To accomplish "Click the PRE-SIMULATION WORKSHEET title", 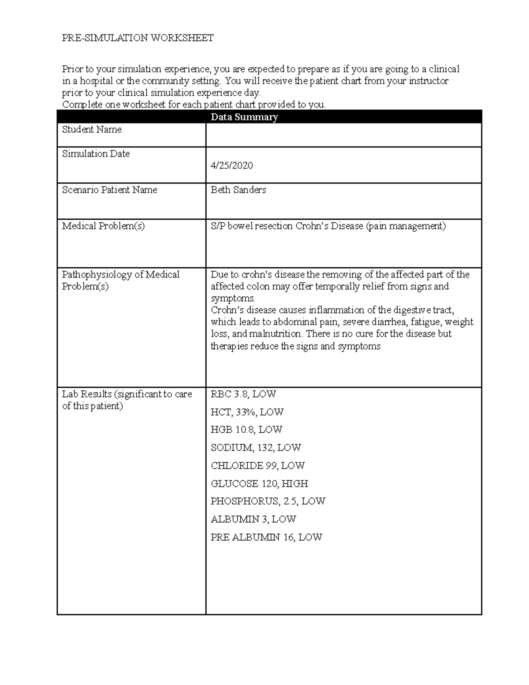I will [x=138, y=38].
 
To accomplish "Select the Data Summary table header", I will [x=244, y=117].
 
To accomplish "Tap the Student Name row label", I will [x=92, y=130].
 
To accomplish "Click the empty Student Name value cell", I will [x=343, y=135].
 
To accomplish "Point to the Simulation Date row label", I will [x=96, y=154].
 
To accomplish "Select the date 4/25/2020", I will [x=231, y=165].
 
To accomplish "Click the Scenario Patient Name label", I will [x=109, y=190].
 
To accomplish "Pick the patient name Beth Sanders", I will [x=238, y=190].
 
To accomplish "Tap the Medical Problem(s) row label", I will [x=103, y=226].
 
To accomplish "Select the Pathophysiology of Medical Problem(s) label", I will [x=120, y=281].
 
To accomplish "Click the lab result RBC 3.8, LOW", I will [x=243, y=394].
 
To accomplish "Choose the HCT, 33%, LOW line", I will [x=247, y=412].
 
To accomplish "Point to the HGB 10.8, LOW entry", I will [x=246, y=430].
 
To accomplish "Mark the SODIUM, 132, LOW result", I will [x=256, y=448].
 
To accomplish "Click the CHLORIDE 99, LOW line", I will [x=257, y=466].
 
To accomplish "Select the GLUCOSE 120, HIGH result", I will [x=259, y=484].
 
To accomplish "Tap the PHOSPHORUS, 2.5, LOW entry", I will [x=268, y=502].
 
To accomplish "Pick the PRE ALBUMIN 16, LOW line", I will [x=266, y=538].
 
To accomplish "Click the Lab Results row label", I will [x=127, y=400].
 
